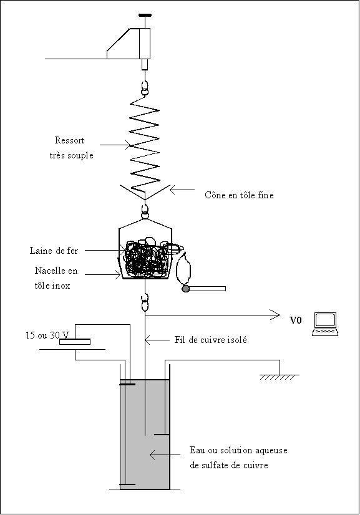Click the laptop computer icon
325,324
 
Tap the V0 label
296,320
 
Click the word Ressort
69,140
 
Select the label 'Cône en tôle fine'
239,195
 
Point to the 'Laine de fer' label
54,251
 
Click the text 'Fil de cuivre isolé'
210,340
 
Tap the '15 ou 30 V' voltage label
47,335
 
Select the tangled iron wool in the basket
148,259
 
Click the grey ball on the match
186,289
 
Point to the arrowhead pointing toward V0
275,315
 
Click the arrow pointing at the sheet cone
182,190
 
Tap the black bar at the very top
145,15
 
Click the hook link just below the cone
145,212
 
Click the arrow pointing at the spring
115,145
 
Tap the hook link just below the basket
145,303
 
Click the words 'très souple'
71,155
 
